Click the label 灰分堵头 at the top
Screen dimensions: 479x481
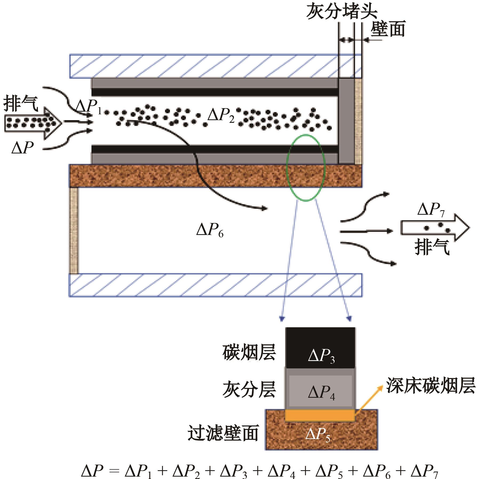click(x=342, y=12)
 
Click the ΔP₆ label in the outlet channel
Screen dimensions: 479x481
click(x=210, y=230)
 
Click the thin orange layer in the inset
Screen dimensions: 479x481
click(x=320, y=415)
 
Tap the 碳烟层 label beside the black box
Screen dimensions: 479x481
click(x=249, y=353)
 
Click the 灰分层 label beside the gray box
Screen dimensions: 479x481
click(x=249, y=389)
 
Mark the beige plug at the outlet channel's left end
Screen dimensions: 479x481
click(x=74, y=231)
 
